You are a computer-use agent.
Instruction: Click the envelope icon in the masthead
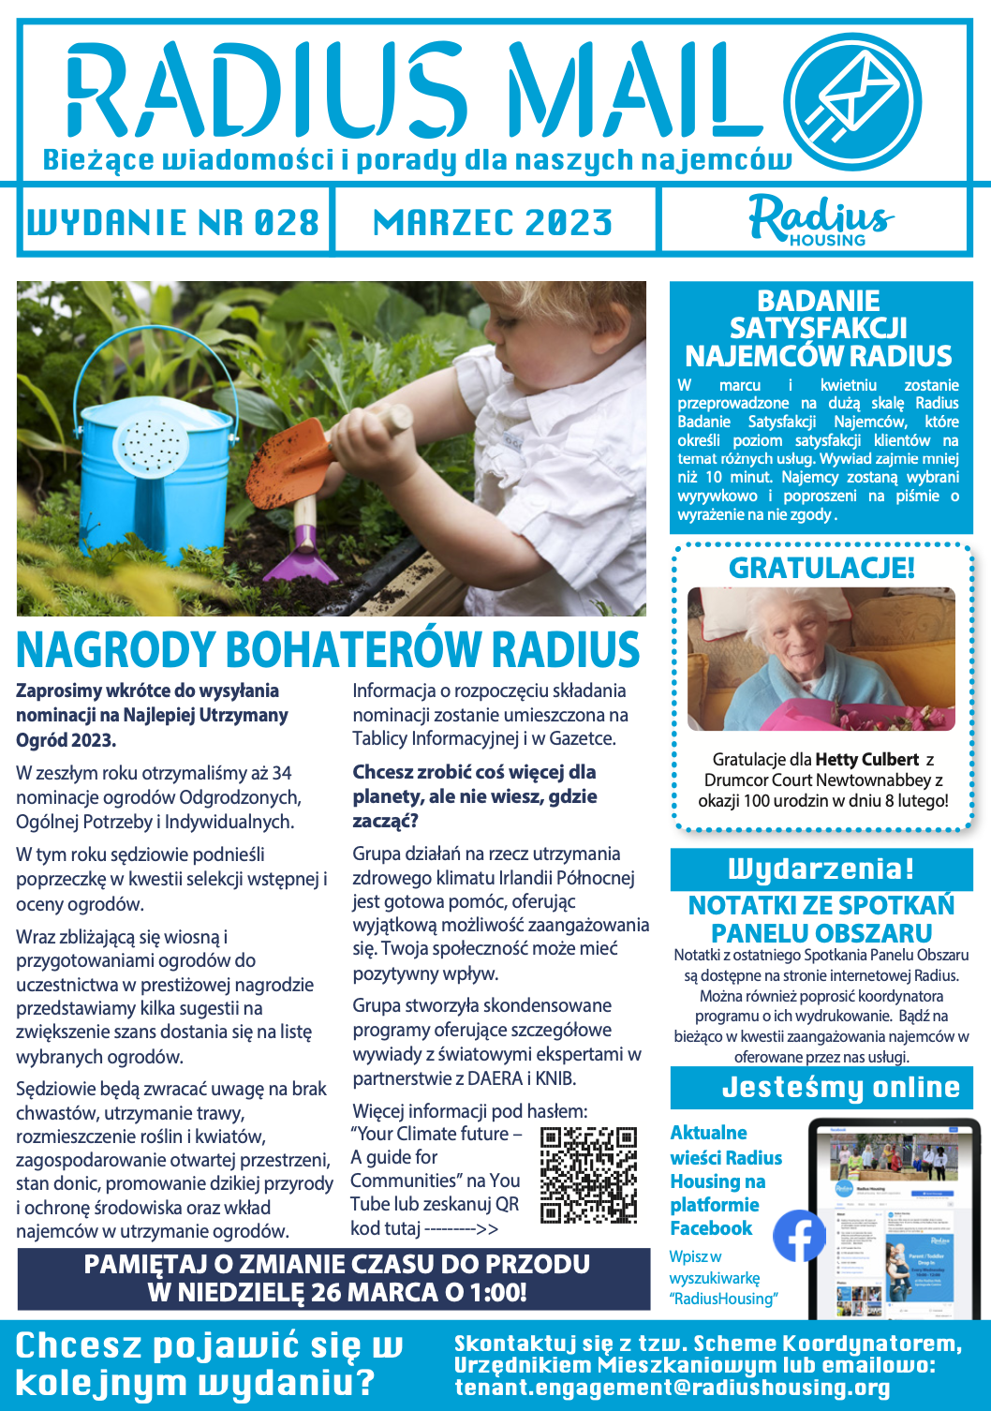pos(852,100)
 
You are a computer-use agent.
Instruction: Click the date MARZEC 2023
pos(493,223)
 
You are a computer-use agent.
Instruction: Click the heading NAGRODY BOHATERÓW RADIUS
pos(328,650)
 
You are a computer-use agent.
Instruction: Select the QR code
pos(589,1175)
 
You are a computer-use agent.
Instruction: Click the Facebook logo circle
pos(799,1236)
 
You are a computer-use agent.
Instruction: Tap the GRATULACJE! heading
pos(821,568)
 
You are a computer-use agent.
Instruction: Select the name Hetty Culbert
pos(867,760)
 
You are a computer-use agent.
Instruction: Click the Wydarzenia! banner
pos(821,869)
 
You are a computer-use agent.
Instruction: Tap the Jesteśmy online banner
pos(840,1088)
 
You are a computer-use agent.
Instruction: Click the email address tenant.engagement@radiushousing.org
pos(673,1388)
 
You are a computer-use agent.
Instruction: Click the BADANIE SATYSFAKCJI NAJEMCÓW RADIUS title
pos(819,329)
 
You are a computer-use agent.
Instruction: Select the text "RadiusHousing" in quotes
pos(723,1299)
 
